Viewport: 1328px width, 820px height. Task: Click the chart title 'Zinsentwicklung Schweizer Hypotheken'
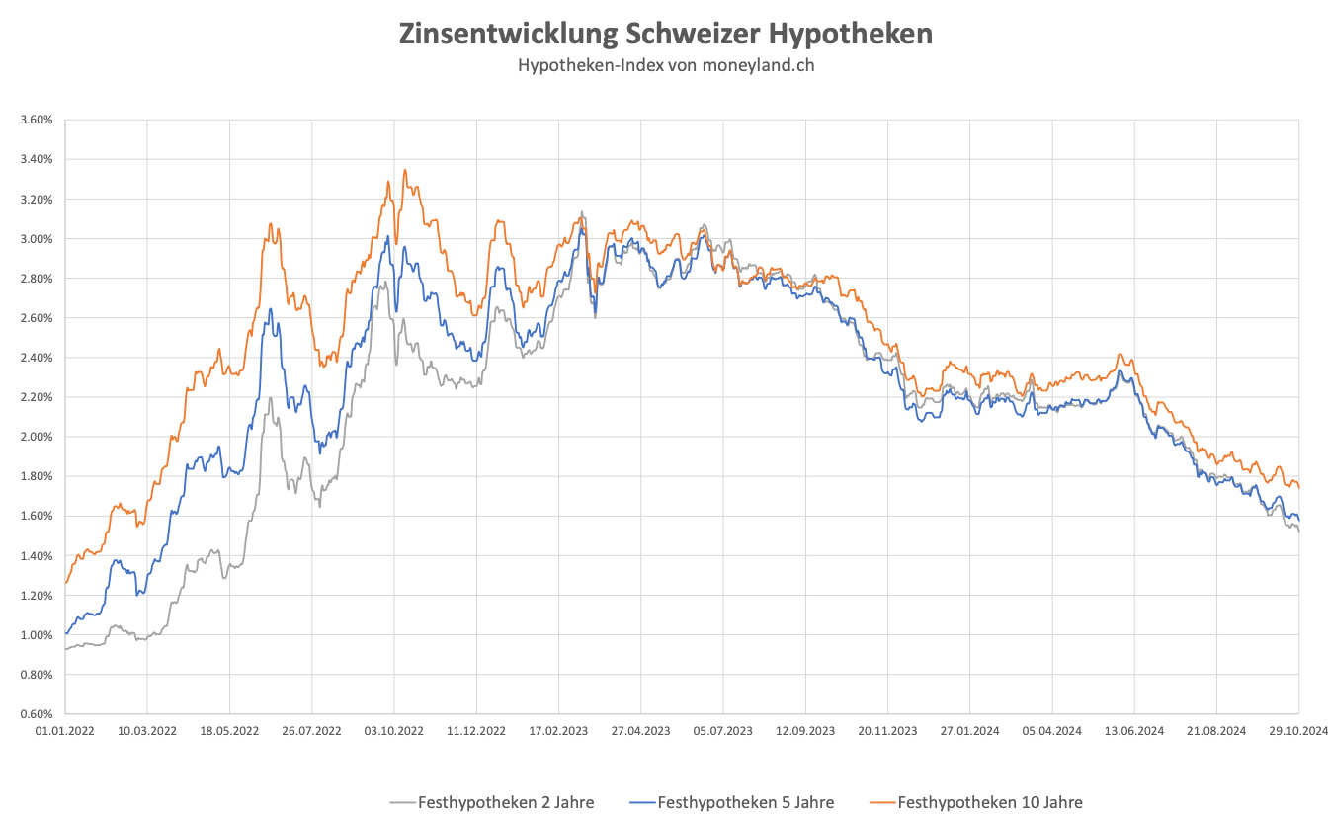click(x=665, y=34)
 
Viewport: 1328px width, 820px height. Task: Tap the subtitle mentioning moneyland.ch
click(x=665, y=65)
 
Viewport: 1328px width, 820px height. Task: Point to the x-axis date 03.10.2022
click(x=394, y=732)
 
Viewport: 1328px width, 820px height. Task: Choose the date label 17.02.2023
click(x=558, y=732)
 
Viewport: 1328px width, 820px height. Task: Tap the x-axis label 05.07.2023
click(x=723, y=732)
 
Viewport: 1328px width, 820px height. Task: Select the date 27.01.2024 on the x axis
click(x=969, y=732)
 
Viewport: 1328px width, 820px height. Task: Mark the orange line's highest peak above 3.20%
click(x=405, y=170)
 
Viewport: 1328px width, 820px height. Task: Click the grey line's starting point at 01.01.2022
click(x=66, y=649)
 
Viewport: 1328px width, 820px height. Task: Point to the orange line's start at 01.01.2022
click(x=66, y=583)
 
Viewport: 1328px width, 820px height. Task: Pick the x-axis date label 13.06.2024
click(x=1133, y=732)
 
